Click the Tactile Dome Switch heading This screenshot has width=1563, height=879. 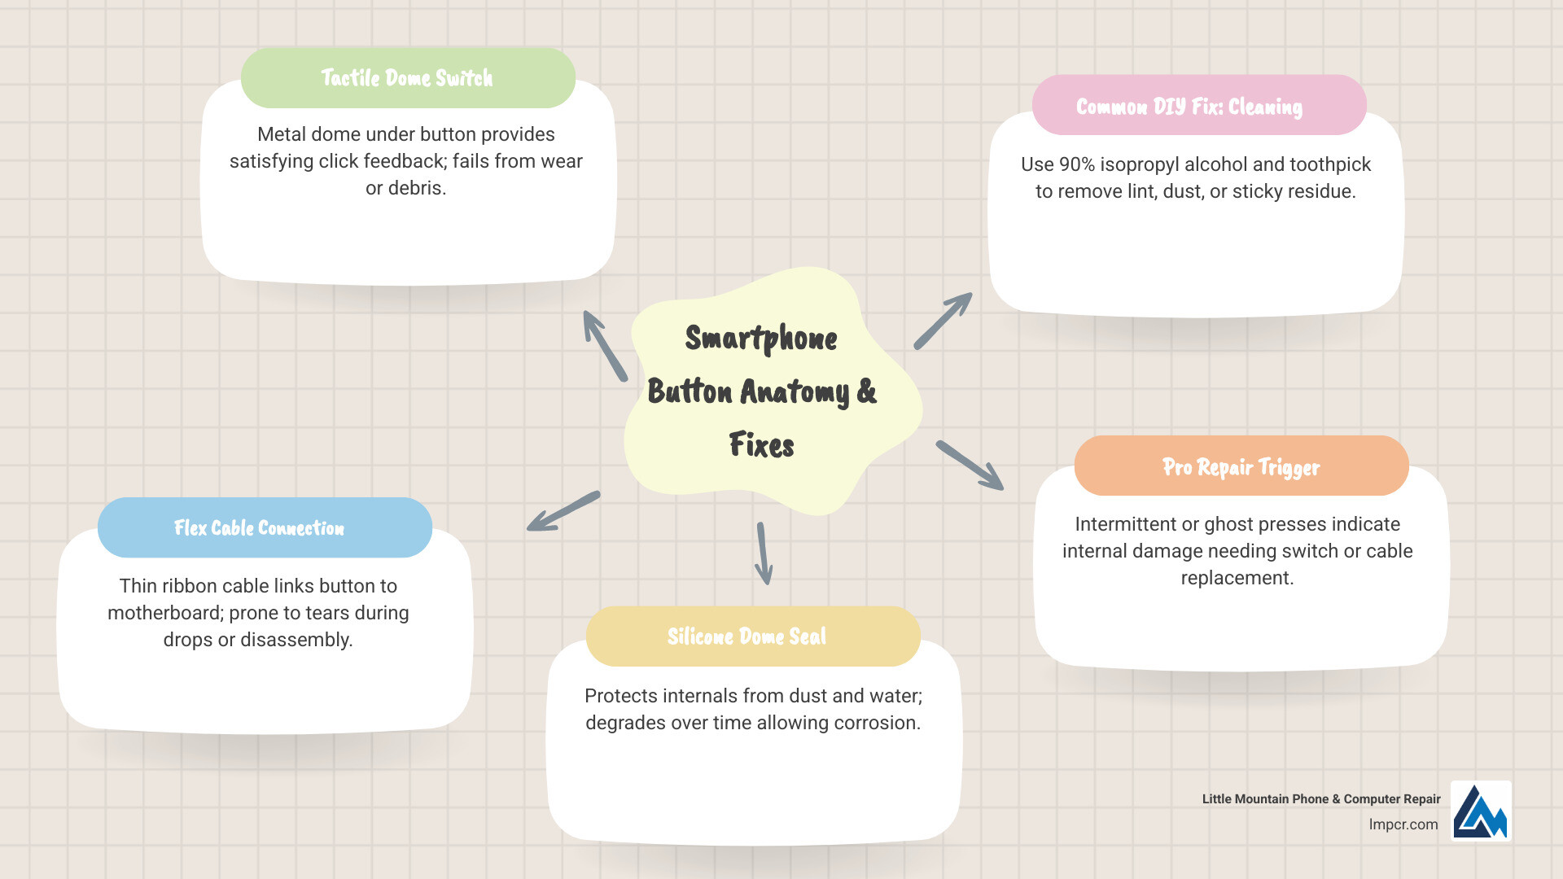tap(407, 78)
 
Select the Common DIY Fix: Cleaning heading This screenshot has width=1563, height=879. tap(1189, 107)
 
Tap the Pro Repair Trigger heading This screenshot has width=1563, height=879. tap(1241, 467)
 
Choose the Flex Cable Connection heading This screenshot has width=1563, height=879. tap(259, 528)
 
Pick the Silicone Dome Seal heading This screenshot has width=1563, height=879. tap(746, 636)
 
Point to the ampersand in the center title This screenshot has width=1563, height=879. tap(866, 391)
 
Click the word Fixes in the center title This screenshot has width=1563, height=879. tap(761, 445)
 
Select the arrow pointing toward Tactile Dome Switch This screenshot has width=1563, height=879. tap(605, 345)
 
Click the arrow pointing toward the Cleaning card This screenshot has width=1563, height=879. tap(943, 321)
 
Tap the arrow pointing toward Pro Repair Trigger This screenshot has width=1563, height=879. tap(970, 466)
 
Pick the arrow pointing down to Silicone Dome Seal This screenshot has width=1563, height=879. tap(764, 553)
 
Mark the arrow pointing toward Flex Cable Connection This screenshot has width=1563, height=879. tap(563, 511)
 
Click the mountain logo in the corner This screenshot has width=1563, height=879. tap(1481, 811)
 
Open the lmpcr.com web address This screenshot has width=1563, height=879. tap(1403, 824)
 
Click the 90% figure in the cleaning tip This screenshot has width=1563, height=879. tap(1076, 164)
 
